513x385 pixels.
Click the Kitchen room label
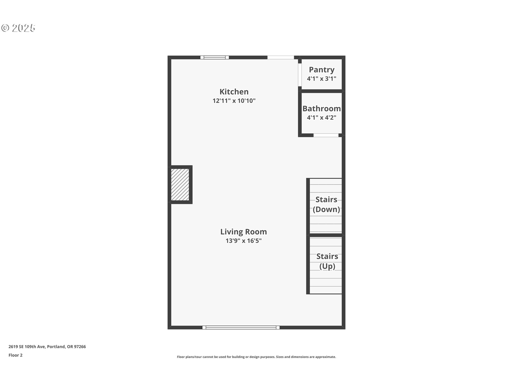click(x=234, y=92)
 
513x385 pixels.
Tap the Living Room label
click(x=243, y=232)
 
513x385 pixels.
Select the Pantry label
click(x=322, y=70)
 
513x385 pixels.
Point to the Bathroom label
click(x=322, y=109)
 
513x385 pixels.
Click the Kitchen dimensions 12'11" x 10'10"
click(x=234, y=101)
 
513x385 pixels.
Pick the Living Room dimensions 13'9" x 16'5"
click(x=243, y=241)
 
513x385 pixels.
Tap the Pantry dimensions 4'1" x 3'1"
click(x=322, y=79)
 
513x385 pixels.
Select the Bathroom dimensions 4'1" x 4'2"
click(x=322, y=117)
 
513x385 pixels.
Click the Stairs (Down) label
click(x=326, y=205)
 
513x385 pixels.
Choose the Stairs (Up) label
click(x=327, y=261)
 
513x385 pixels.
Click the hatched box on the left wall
click(x=180, y=184)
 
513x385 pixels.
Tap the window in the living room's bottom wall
click(x=241, y=328)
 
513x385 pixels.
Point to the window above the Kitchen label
click(x=215, y=57)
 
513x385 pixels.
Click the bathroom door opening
click(x=326, y=135)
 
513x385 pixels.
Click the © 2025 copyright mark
click(x=18, y=28)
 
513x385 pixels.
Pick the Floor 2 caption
click(x=15, y=355)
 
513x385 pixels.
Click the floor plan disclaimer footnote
click(x=256, y=357)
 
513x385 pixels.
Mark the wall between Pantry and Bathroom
click(x=322, y=91)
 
